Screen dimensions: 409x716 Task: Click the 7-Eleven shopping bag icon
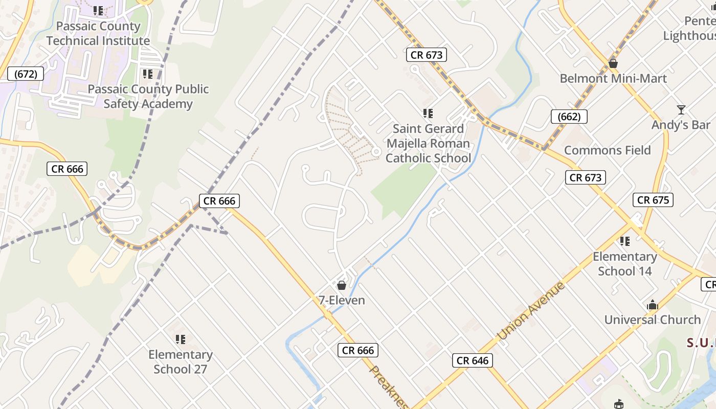342,285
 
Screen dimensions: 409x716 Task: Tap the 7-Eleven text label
342,300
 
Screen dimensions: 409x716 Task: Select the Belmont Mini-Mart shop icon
613,63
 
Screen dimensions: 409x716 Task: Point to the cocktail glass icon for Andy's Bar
681,110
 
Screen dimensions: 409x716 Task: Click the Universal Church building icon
652,306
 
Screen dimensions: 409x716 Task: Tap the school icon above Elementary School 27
180,339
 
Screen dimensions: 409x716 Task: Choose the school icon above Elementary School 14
624,241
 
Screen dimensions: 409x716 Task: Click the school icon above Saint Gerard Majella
428,113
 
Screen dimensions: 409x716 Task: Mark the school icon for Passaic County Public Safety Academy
148,74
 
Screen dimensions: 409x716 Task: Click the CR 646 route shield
473,360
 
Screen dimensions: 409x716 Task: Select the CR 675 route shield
653,200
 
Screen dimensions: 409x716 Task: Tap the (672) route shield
26,74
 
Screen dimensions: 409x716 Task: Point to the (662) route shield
569,117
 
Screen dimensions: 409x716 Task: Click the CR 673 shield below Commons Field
586,177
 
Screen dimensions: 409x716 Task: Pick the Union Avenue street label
531,310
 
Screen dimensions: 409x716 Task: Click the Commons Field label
607,150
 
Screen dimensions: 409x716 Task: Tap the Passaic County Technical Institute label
98,33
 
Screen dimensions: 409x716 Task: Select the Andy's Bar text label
681,125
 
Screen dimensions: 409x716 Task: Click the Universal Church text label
652,320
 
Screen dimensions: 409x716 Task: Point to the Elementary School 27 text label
180,361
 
